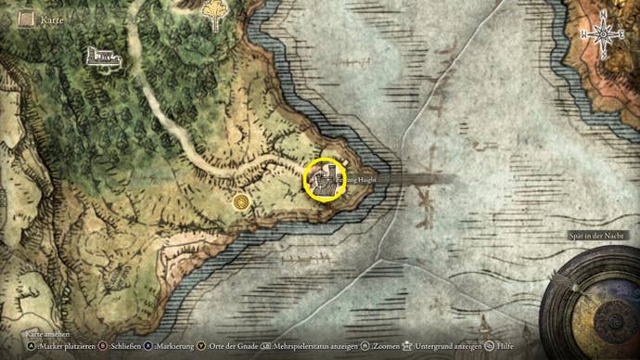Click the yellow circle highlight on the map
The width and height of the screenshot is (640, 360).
[325, 180]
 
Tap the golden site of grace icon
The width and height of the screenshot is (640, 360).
[242, 199]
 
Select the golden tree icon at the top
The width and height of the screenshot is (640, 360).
[214, 13]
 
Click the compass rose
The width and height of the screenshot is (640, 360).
[604, 34]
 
